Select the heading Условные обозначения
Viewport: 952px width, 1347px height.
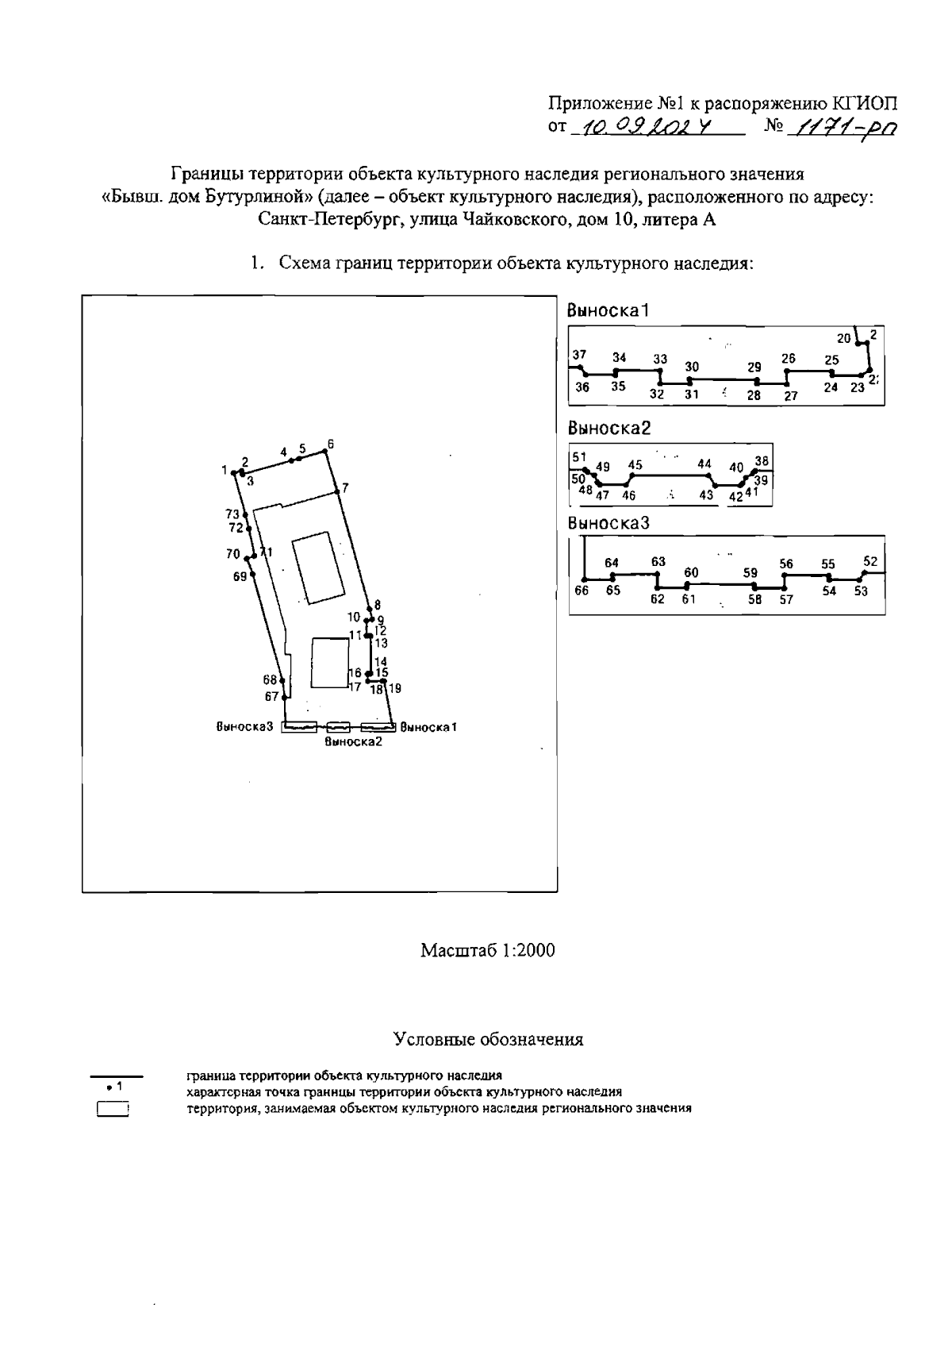(x=488, y=1039)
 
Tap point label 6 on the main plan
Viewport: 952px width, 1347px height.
(x=331, y=444)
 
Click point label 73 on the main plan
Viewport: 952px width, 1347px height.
(x=232, y=514)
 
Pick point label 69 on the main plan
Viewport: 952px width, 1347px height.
(x=240, y=577)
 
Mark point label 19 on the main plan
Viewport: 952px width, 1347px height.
(x=395, y=689)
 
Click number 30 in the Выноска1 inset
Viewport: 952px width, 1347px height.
(x=692, y=367)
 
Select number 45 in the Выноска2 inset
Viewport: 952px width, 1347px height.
(x=635, y=465)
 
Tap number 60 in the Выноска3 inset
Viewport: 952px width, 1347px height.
(x=691, y=572)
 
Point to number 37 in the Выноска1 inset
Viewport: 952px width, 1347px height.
(x=579, y=355)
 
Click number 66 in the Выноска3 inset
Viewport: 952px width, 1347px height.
(x=582, y=591)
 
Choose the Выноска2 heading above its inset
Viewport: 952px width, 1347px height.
(x=608, y=429)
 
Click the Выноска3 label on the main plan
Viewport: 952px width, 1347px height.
(x=244, y=726)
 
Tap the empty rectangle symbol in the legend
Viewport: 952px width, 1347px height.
(x=113, y=1109)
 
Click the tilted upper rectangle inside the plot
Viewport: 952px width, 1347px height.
(x=317, y=568)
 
